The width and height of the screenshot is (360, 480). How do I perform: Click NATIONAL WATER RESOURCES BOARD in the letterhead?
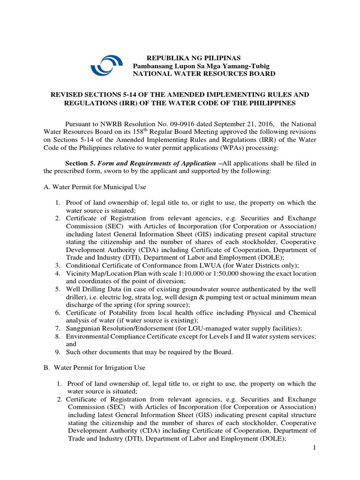pyautogui.click(x=204, y=74)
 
